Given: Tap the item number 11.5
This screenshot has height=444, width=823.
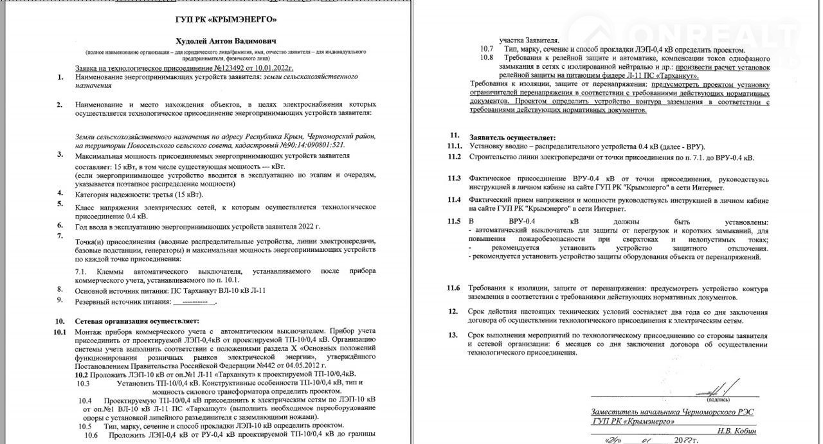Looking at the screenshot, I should point(455,222).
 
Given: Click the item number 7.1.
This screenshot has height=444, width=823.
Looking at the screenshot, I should point(82,271).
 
